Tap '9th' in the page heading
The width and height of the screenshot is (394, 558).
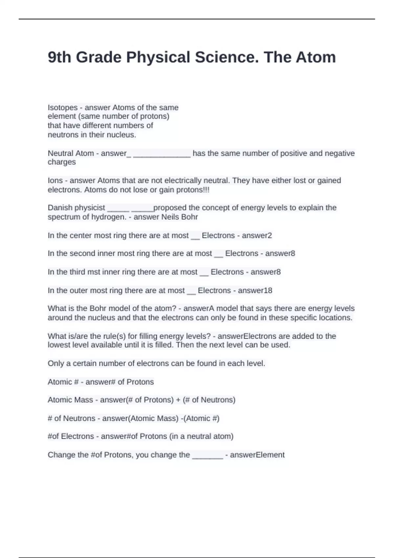pyautogui.click(x=59, y=57)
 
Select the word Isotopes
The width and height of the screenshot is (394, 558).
pyautogui.click(x=63, y=108)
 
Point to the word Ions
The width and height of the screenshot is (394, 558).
pyautogui.click(x=55, y=181)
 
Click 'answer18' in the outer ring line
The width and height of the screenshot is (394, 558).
pyautogui.click(x=255, y=290)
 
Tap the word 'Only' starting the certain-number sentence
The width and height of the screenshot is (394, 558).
pyautogui.click(x=55, y=363)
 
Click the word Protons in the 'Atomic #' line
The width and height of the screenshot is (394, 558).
pyautogui.click(x=140, y=382)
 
